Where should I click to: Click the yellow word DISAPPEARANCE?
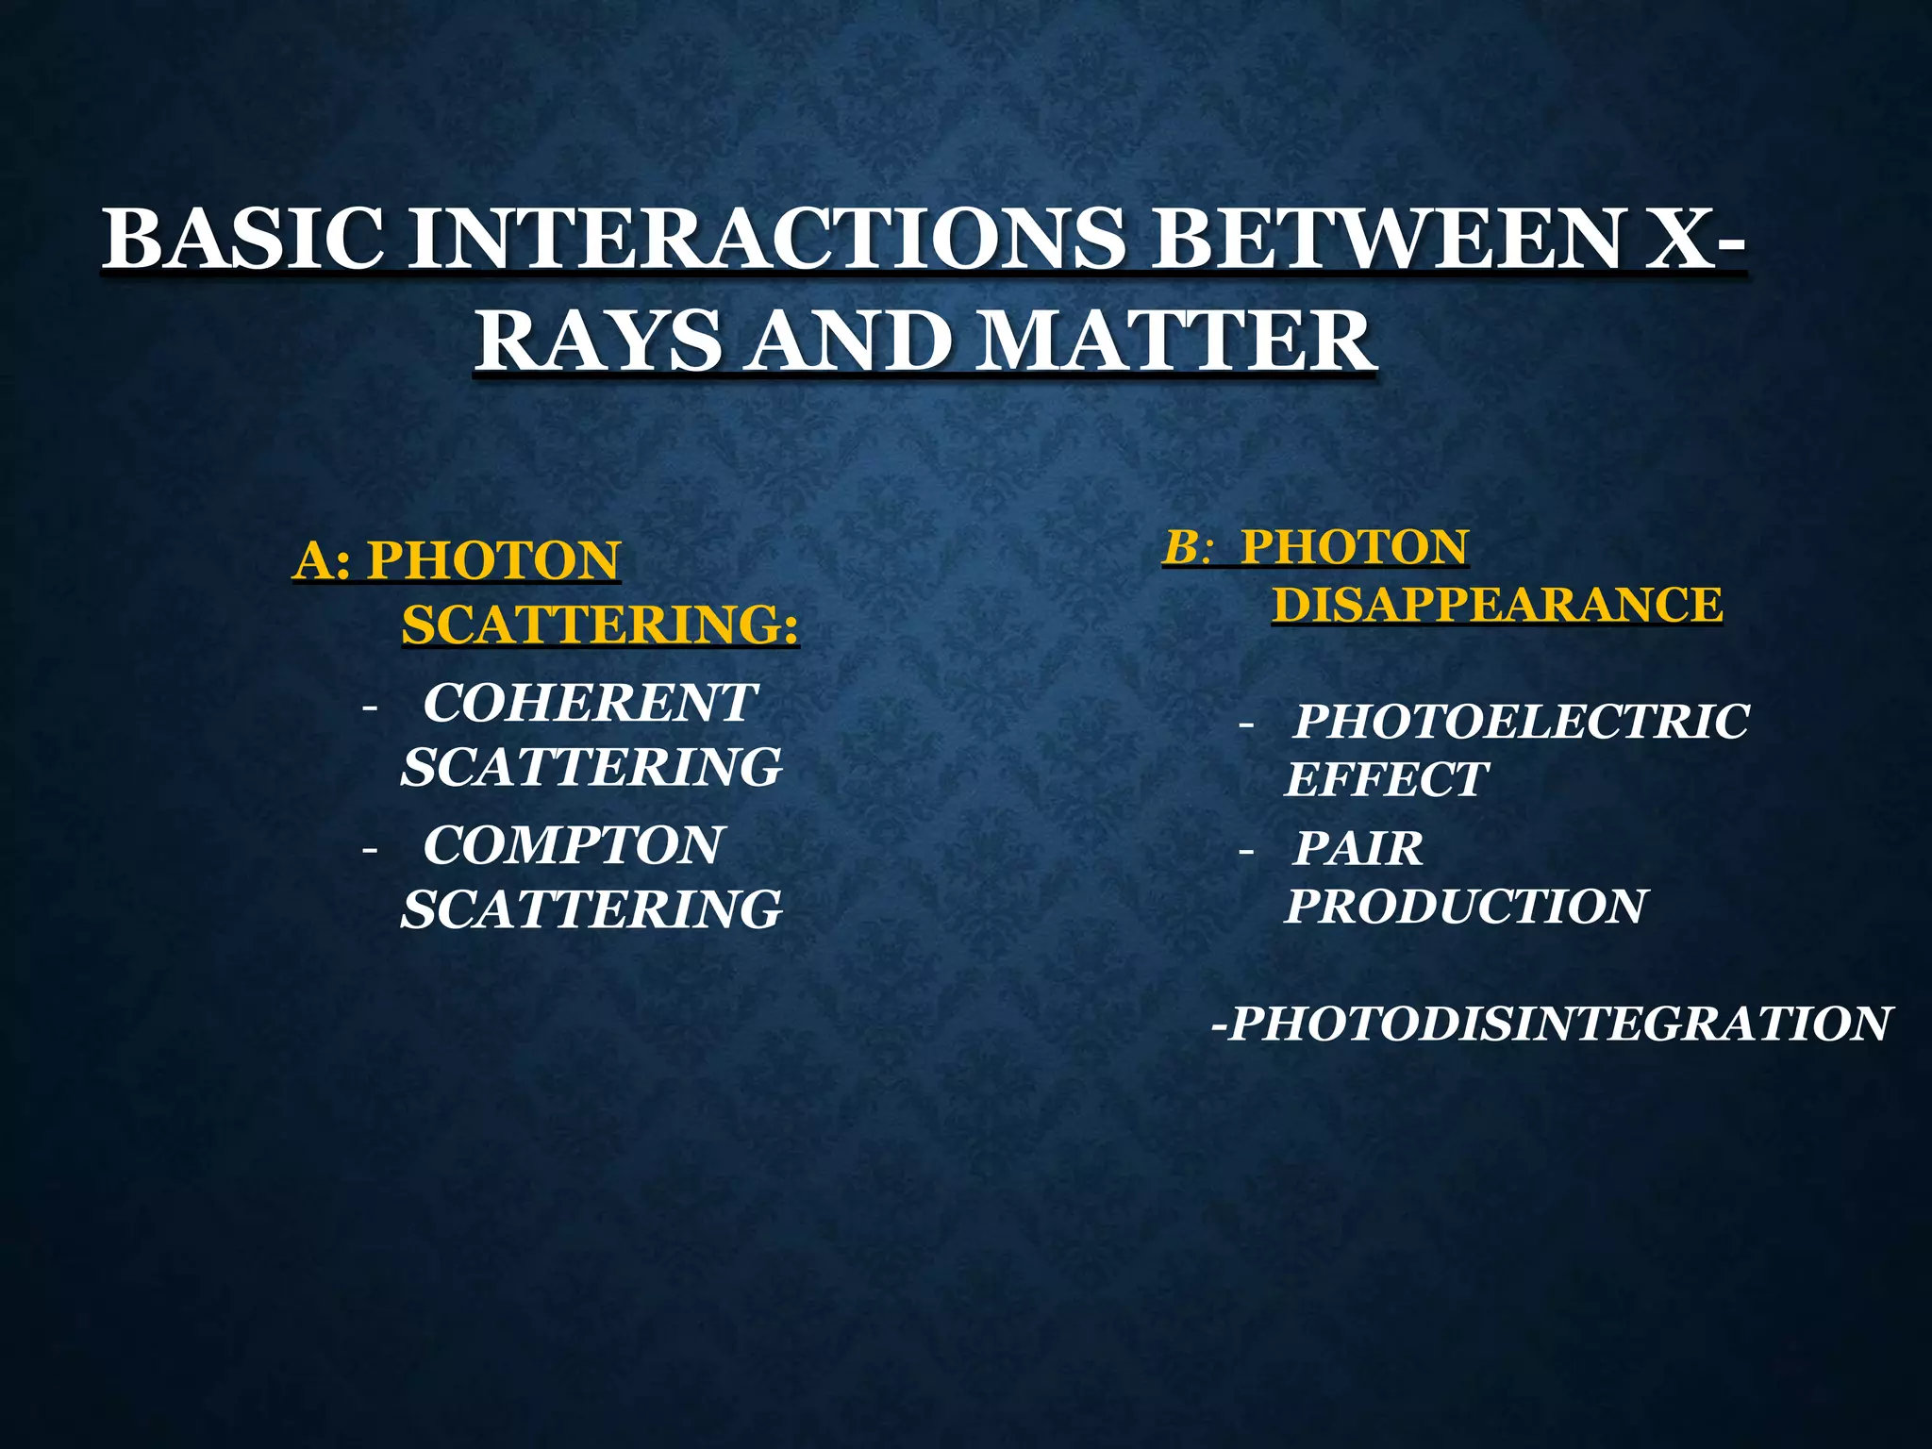1497,604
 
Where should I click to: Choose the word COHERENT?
590,703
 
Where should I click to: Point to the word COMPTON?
572,844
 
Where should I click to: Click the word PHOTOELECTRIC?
1521,722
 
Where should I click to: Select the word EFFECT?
1385,779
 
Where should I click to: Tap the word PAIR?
1357,848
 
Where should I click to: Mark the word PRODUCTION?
1466,906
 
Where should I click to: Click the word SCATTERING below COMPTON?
591,908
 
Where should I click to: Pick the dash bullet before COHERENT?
369,707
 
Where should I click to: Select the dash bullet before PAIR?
1246,852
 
